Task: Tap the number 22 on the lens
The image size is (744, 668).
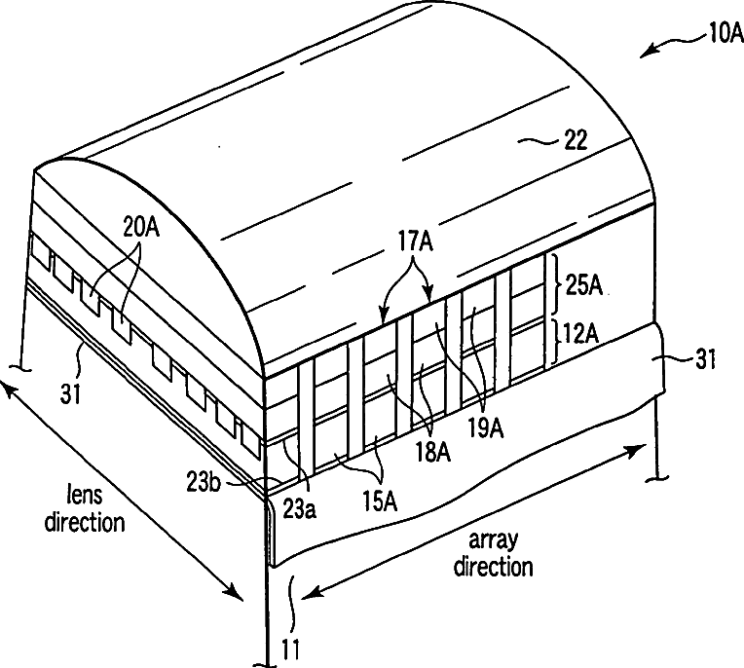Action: tap(575, 140)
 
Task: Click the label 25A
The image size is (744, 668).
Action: tap(584, 284)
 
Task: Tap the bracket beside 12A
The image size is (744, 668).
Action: tap(554, 342)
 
